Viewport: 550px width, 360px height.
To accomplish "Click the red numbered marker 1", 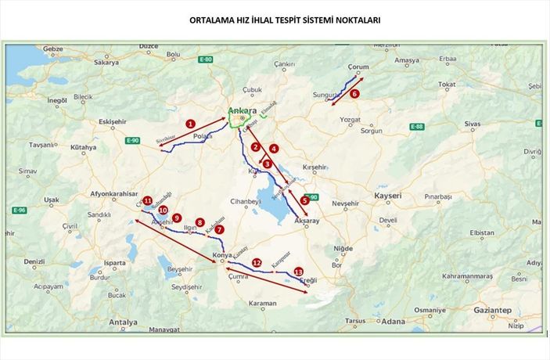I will point(189,123).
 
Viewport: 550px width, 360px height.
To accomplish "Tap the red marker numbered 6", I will point(354,93).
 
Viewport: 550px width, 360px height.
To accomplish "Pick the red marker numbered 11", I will point(147,200).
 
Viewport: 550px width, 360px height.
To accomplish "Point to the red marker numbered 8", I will point(200,222).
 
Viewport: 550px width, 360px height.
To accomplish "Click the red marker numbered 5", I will point(304,200).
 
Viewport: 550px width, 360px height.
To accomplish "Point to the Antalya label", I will point(123,322).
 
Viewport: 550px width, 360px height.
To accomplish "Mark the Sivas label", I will point(473,124).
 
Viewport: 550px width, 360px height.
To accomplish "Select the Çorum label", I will point(357,67).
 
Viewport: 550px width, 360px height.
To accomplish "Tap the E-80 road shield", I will point(206,60).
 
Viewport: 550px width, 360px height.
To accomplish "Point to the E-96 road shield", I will point(20,210).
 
